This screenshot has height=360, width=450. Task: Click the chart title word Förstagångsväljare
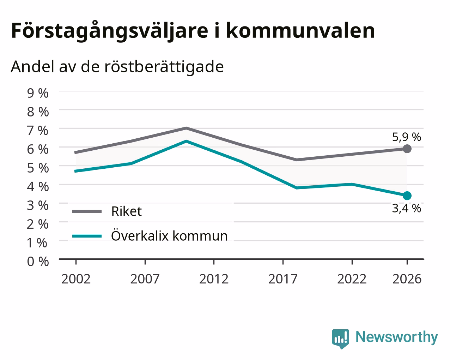(110, 31)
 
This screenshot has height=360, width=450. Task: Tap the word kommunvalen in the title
(300, 31)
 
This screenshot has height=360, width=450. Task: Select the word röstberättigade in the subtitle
(164, 67)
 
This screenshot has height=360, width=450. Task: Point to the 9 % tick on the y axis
(38, 93)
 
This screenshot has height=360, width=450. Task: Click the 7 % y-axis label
(38, 131)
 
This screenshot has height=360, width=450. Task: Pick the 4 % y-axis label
(38, 187)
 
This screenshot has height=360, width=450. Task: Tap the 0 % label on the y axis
(38, 262)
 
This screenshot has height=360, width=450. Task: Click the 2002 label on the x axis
(76, 279)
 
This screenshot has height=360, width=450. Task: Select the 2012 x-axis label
(214, 279)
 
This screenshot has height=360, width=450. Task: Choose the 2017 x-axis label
(283, 279)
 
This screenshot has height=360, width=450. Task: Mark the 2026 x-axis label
(407, 279)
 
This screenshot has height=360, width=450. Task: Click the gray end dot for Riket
(407, 149)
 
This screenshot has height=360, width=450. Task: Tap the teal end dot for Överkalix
(407, 196)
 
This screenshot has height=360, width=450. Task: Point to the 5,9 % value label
(407, 137)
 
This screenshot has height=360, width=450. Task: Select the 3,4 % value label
(407, 208)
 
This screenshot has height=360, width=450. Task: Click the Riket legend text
(127, 211)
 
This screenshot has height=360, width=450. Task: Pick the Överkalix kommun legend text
(169, 236)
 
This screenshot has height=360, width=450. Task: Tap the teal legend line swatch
(87, 236)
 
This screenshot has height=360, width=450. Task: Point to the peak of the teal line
(186, 141)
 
